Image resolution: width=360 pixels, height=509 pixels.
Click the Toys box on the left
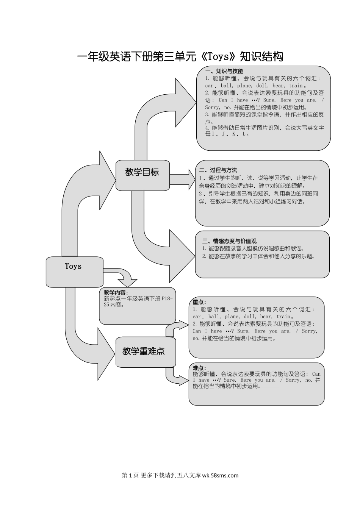74,271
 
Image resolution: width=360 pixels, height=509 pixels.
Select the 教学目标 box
142,175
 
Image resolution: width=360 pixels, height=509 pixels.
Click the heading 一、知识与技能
224,71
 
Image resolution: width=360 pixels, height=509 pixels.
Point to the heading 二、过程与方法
218,170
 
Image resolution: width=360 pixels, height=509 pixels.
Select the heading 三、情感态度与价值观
229,241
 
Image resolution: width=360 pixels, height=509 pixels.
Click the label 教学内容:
116,293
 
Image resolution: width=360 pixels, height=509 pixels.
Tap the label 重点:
199,302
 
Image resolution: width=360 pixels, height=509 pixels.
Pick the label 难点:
199,368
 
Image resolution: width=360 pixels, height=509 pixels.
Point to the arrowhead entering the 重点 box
183,325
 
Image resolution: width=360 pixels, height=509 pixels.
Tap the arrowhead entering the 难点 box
183,381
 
